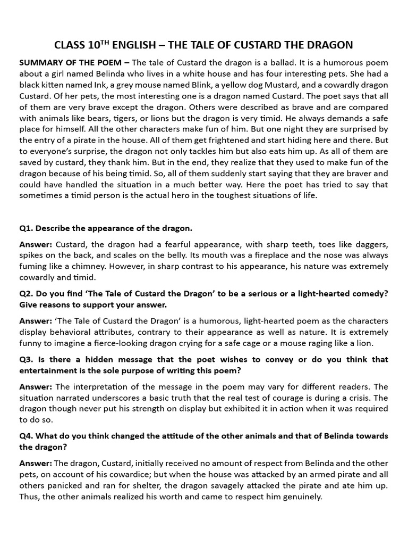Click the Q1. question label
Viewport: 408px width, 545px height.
coord(26,228)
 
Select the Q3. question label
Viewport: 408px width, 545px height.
coord(26,359)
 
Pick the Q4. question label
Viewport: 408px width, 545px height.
coord(26,436)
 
